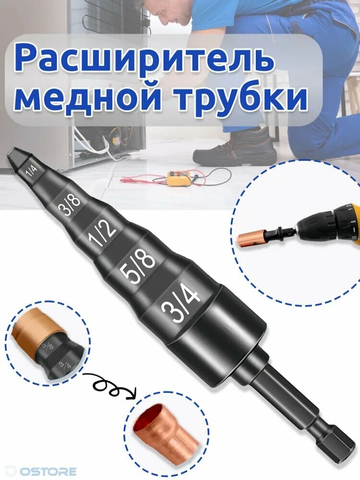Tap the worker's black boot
point(235,148)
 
